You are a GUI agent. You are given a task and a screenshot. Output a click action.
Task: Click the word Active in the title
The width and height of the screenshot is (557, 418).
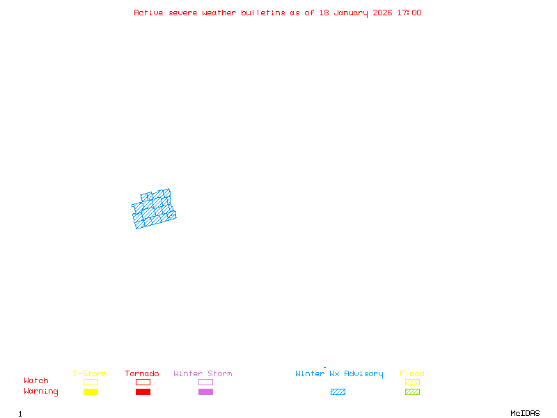(x=148, y=13)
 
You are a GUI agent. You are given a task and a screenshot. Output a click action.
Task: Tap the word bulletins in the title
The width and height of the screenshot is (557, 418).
(x=263, y=13)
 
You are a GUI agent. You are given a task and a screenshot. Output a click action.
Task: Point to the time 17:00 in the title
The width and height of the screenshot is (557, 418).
(x=409, y=13)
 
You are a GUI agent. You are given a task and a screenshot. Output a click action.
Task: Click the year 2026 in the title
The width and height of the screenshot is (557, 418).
(x=382, y=13)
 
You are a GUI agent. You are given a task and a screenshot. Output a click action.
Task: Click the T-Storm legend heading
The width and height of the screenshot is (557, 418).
(x=90, y=374)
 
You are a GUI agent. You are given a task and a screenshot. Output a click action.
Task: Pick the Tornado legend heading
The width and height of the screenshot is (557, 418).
(x=142, y=374)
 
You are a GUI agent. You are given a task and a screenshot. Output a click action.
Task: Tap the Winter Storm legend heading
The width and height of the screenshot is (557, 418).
(x=203, y=374)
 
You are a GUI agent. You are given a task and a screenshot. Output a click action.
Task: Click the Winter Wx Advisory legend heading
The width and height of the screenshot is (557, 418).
(x=339, y=374)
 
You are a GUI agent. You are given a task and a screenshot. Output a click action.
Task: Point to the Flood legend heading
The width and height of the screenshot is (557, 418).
(x=412, y=374)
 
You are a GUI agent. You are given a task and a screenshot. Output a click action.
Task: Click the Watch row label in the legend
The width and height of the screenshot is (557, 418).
(x=36, y=381)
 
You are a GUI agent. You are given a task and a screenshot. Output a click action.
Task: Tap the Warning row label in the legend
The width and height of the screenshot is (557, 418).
(x=41, y=392)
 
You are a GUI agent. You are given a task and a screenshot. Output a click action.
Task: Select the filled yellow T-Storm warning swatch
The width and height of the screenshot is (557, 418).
(x=91, y=392)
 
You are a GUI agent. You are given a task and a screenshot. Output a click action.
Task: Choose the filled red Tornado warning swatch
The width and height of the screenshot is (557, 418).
(x=143, y=392)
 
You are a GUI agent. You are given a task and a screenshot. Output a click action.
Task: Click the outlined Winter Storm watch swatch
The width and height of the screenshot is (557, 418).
(x=205, y=382)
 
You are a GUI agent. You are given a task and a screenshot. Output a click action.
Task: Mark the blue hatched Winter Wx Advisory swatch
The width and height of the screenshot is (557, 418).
(x=338, y=392)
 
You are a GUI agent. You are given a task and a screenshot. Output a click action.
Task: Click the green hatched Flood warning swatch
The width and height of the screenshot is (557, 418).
(x=412, y=392)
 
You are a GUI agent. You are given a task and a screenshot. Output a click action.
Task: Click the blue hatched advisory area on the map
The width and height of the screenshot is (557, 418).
(x=155, y=210)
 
